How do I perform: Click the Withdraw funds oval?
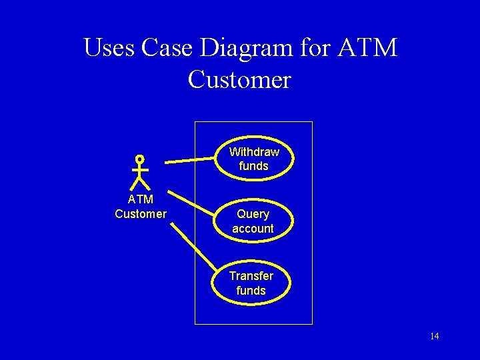tap(253, 159)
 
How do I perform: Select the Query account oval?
tap(253, 221)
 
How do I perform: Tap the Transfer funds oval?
tap(251, 283)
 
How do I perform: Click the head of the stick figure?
tap(139, 159)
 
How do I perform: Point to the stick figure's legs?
tap(140, 183)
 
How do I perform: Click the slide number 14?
tap(434, 336)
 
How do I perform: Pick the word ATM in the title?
tap(367, 48)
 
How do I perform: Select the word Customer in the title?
tap(239, 80)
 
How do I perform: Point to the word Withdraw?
tap(254, 152)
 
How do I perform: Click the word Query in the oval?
tap(253, 215)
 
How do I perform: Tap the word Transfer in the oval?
tap(251, 276)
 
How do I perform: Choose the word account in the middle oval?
tap(253, 229)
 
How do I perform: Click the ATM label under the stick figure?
tap(141, 199)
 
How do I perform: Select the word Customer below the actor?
tap(141, 214)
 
